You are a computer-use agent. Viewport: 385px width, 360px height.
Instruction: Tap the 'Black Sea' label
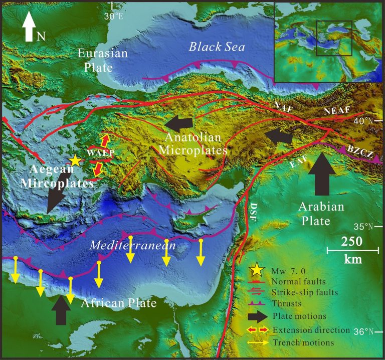pos(217,47)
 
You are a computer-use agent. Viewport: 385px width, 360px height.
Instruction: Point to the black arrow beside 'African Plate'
pos(61,309)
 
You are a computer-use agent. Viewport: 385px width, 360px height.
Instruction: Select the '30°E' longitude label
pos(114,16)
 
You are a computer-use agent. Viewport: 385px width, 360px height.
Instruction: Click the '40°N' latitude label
pos(370,121)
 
